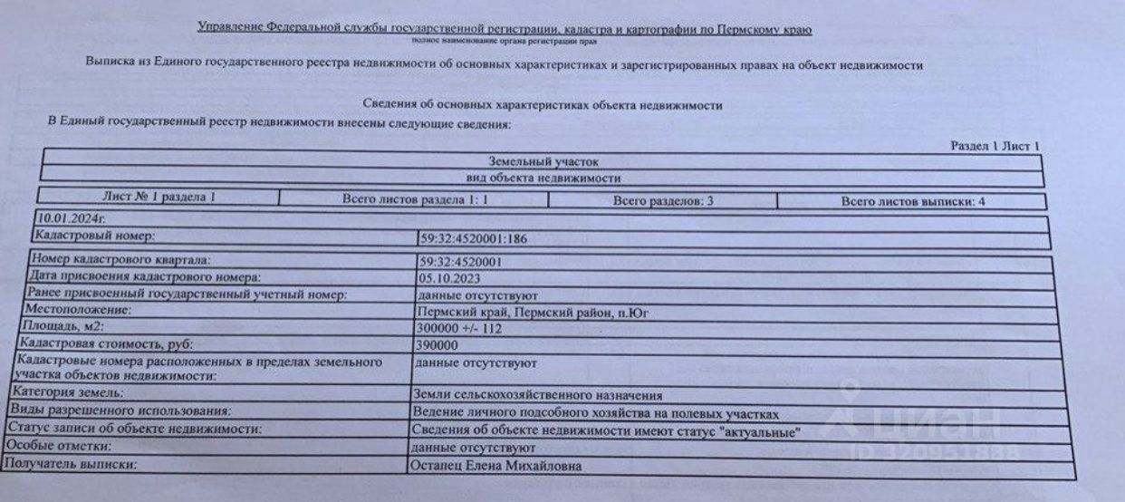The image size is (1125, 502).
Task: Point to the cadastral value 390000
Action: pyautogui.click(x=434, y=345)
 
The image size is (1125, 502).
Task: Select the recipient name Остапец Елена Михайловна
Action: pyautogui.click(x=495, y=467)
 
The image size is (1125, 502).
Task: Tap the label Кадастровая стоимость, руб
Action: pyautogui.click(x=100, y=344)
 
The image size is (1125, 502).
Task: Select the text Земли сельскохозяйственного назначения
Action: pyautogui.click(x=536, y=395)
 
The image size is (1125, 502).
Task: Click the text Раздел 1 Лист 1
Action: pyautogui.click(x=995, y=146)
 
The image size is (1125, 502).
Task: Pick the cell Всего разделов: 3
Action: pyautogui.click(x=663, y=201)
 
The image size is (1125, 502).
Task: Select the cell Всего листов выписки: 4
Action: pyautogui.click(x=912, y=202)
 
